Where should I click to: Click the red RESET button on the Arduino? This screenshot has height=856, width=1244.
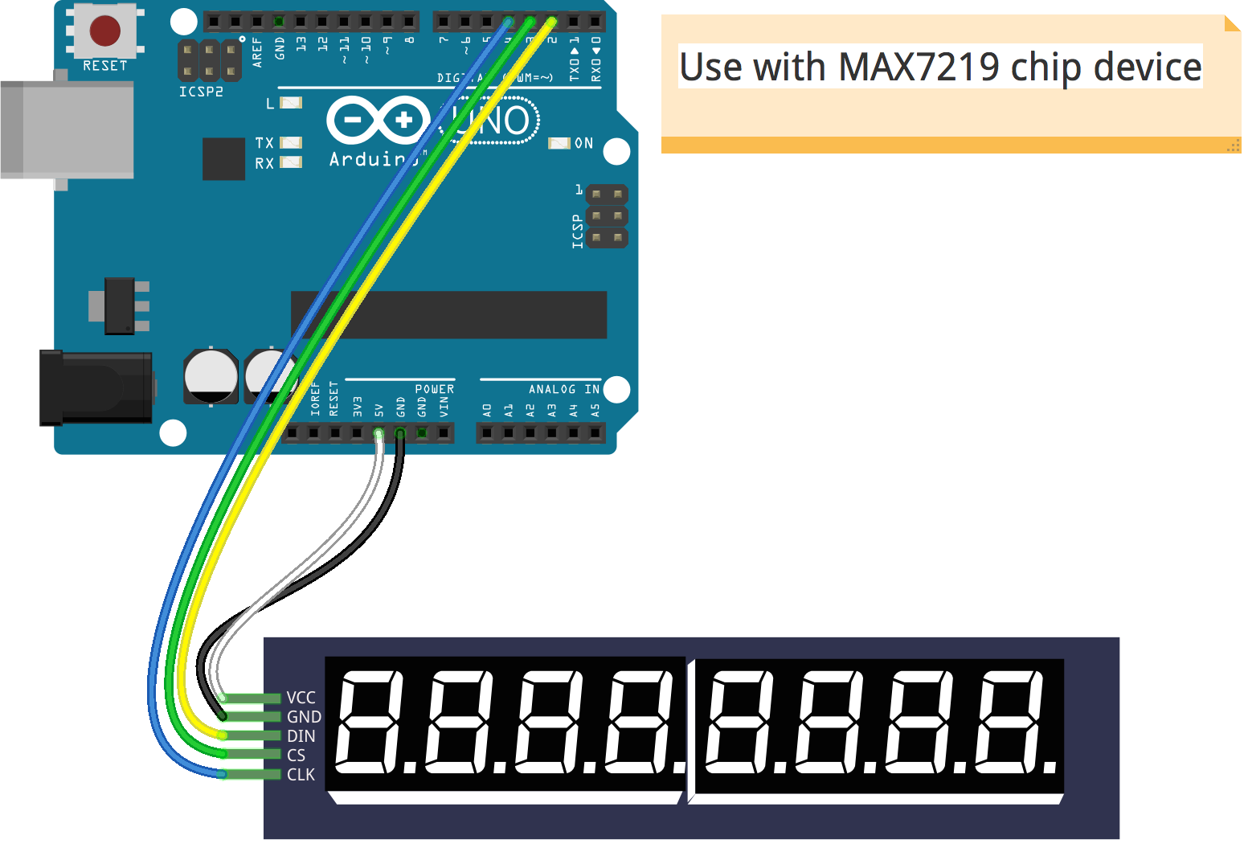[x=105, y=31]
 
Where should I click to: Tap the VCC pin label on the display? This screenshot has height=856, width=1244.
[x=301, y=698]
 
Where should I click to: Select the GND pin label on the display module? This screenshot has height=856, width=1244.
[x=304, y=717]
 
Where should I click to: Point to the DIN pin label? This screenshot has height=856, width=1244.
[x=301, y=736]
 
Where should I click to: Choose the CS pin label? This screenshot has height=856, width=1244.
[x=297, y=756]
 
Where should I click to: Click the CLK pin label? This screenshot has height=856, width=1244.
[x=301, y=775]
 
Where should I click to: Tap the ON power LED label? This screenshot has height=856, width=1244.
[x=583, y=143]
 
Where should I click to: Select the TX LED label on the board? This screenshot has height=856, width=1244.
[x=264, y=143]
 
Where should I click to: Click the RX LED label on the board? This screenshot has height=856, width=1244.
[x=264, y=163]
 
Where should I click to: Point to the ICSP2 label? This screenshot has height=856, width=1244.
[x=201, y=92]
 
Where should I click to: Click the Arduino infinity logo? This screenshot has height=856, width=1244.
[x=379, y=121]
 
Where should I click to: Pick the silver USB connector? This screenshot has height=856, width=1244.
[x=68, y=129]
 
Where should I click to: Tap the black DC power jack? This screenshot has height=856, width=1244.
[x=96, y=387]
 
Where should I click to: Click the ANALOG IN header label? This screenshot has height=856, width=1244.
[x=563, y=389]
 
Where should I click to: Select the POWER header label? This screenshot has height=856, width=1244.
[x=435, y=389]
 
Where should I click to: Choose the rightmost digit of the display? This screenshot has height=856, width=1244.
[x=1011, y=721]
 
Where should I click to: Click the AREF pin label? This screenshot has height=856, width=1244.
[x=257, y=51]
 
